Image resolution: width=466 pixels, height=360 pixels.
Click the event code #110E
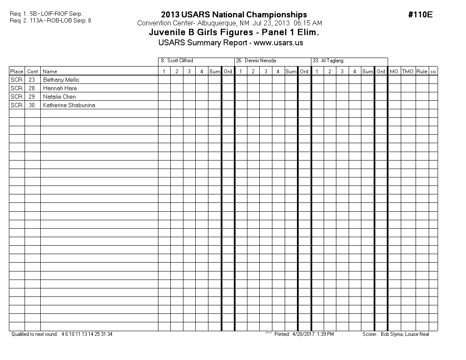click(420, 15)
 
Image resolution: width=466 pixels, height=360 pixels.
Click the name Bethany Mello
click(61, 80)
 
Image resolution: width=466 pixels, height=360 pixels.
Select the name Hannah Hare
click(60, 88)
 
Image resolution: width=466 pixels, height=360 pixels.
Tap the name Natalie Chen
click(59, 97)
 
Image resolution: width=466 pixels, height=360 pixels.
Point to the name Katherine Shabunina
click(69, 105)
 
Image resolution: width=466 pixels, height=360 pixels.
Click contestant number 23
click(32, 80)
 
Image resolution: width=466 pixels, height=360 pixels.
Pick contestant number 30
click(32, 105)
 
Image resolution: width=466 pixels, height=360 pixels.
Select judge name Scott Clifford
click(180, 61)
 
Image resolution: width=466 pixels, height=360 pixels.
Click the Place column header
click(17, 72)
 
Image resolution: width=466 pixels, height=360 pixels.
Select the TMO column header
click(408, 72)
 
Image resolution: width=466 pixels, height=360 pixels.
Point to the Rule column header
click(422, 72)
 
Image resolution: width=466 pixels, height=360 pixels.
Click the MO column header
click(394, 72)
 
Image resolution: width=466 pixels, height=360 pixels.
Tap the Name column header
click(50, 72)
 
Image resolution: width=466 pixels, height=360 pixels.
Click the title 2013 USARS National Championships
click(234, 15)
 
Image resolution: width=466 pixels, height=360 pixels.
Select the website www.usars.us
click(278, 43)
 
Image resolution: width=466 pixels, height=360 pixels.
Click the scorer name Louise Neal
click(418, 334)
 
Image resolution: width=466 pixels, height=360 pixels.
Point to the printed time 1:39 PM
click(325, 334)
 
